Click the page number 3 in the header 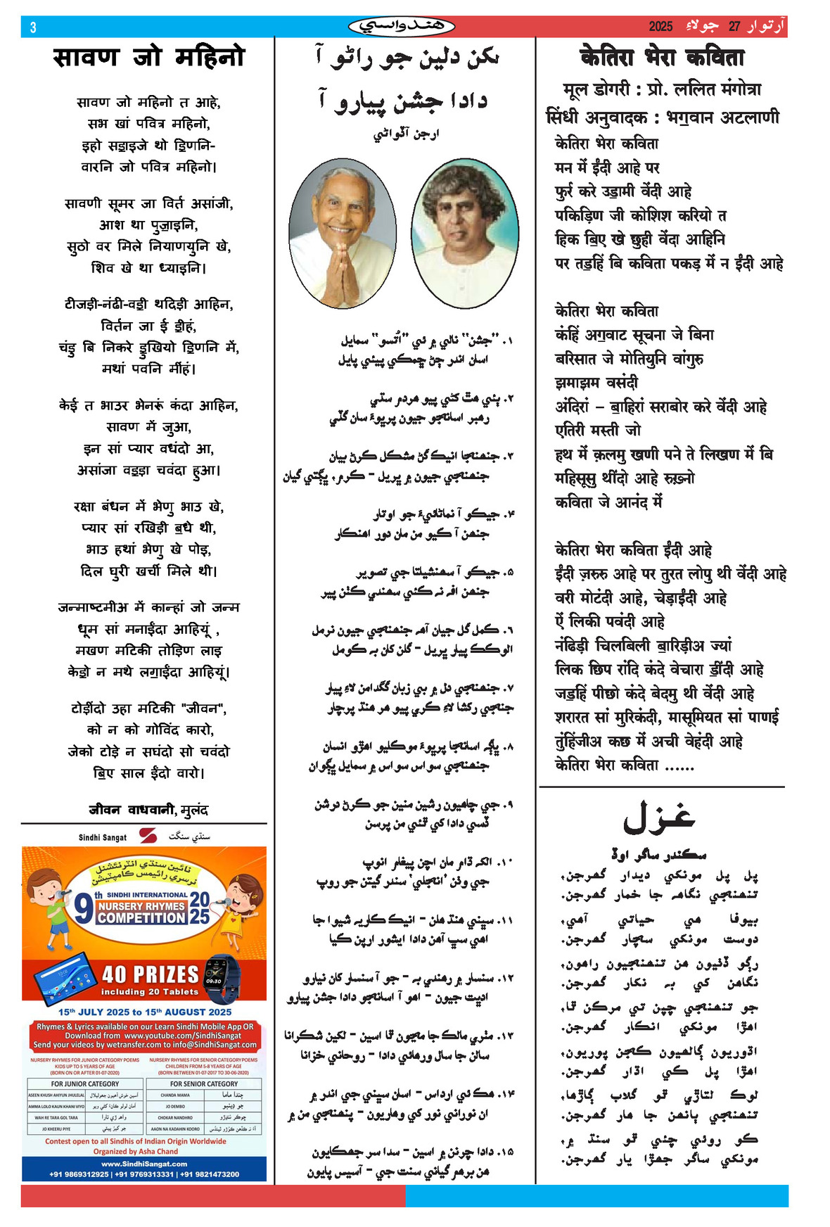coord(33,27)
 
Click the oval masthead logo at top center coord(402,27)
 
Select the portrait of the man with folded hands coord(342,232)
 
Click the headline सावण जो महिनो coord(148,56)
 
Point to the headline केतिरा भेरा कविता coord(661,57)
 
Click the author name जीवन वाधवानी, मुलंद coord(148,810)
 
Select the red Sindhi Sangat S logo coord(148,837)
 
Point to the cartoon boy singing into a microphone coord(51,908)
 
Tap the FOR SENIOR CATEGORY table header coord(204,1084)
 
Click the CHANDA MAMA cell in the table coord(174,1095)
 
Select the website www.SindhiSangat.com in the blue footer coord(144,1164)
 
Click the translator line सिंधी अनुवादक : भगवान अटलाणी coord(661,117)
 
